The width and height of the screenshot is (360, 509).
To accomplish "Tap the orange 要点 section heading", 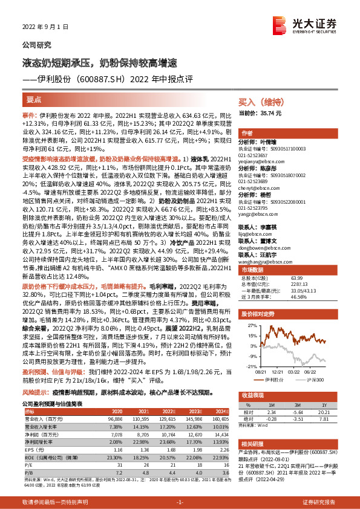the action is click(34, 99).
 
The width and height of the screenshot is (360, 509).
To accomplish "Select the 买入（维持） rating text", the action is click(257, 103).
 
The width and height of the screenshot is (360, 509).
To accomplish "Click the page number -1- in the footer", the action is click(180, 502).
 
